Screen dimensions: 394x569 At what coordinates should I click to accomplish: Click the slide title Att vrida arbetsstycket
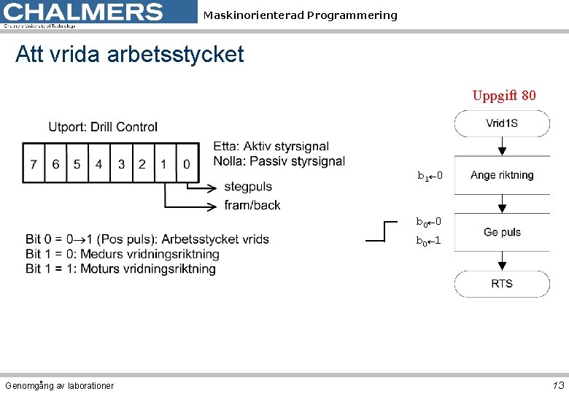[129, 54]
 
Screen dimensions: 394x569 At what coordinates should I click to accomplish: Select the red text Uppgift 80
[504, 96]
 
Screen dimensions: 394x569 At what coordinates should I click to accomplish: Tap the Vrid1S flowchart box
[502, 123]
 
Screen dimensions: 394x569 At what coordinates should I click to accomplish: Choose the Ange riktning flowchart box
[502, 175]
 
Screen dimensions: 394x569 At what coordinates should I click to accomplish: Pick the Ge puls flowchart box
[502, 232]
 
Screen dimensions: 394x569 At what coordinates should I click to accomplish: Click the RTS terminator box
[502, 283]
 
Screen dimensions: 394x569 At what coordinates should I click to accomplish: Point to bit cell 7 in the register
[33, 164]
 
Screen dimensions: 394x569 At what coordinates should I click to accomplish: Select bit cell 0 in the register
[186, 164]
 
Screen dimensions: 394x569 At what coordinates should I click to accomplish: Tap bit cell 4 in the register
[98, 164]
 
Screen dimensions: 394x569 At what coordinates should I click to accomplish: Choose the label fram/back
[252, 205]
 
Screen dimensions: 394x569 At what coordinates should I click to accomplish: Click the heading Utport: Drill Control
[103, 127]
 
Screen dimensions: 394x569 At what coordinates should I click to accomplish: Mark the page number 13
[558, 385]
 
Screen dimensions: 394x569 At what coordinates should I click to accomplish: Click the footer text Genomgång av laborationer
[59, 385]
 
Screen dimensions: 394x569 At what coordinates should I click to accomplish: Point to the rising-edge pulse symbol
[385, 231]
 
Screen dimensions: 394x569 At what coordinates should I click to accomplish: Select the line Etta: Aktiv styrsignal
[271, 147]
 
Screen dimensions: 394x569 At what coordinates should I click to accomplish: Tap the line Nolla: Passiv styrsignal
[279, 161]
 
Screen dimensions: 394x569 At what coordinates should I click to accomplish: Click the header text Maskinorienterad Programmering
[300, 15]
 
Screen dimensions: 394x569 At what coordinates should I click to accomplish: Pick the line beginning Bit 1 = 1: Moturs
[120, 269]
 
